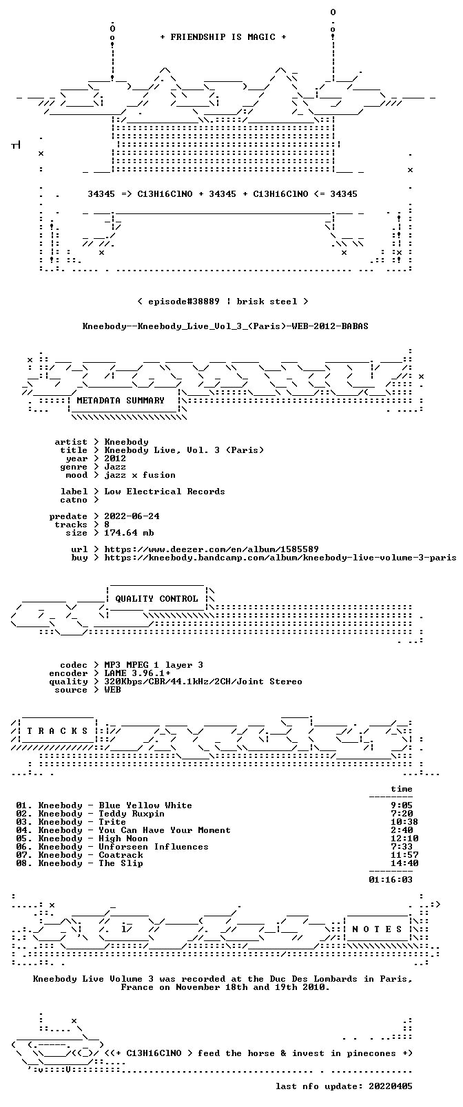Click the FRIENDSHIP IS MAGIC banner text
[223, 37]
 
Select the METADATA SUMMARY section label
[120, 400]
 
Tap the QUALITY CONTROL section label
[156, 598]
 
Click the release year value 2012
[115, 458]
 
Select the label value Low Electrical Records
[164, 492]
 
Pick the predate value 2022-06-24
[132, 516]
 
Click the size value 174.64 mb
[129, 533]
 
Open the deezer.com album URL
[212, 549]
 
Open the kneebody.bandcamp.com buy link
[280, 558]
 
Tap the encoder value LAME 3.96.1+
[137, 673]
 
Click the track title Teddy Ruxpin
[131, 814]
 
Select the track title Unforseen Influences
[154, 847]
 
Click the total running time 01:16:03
[390, 880]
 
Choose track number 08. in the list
[23, 863]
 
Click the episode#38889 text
[183, 302]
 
